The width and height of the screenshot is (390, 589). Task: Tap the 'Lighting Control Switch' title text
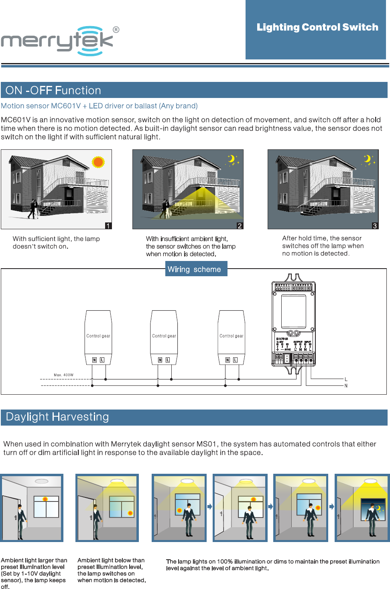point(317,27)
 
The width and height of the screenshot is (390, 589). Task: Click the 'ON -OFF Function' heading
point(53,90)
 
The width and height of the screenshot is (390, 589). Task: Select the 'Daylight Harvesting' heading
point(57,417)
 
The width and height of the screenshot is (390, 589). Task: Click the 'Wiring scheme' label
point(194,269)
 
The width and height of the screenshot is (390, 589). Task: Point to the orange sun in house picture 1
point(98,162)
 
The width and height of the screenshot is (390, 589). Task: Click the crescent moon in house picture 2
point(232,159)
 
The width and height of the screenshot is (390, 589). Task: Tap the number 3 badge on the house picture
point(375,226)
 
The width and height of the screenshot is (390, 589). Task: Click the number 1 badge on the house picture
point(108,226)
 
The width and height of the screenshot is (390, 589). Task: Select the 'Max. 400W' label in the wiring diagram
point(63,375)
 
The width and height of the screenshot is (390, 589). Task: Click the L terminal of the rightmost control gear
point(235,360)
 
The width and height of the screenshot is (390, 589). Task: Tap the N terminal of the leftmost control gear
point(95,360)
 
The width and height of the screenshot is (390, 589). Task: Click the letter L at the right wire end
point(346,379)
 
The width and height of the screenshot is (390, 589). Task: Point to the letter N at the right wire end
point(346,386)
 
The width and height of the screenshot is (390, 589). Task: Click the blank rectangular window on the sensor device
point(294,312)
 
